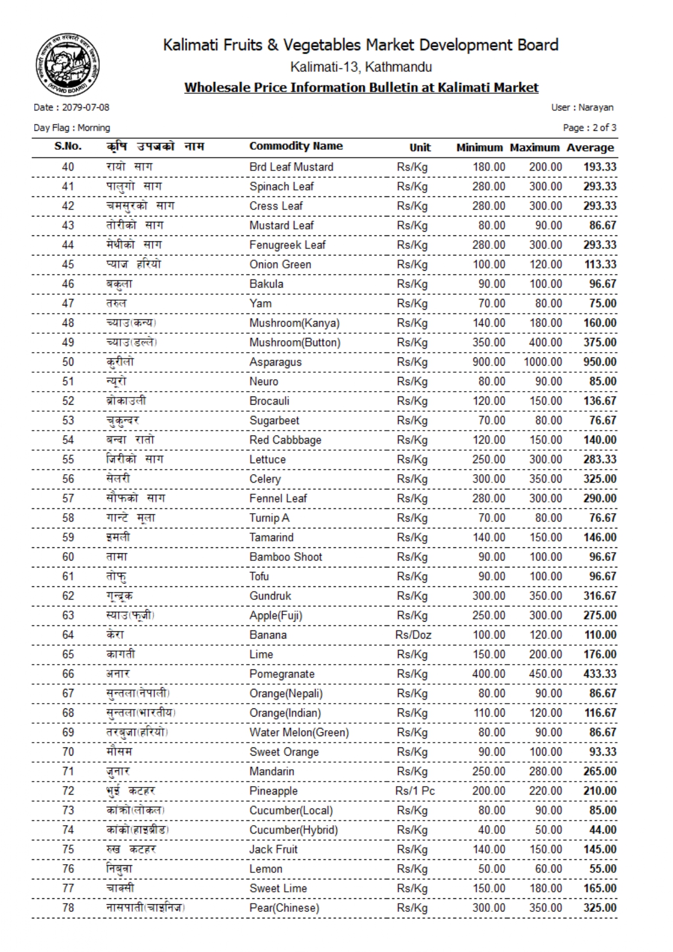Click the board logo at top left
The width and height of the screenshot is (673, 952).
click(x=68, y=63)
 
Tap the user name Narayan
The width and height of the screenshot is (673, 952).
click(x=595, y=107)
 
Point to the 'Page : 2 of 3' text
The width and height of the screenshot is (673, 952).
click(x=589, y=128)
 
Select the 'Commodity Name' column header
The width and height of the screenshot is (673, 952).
click(x=296, y=146)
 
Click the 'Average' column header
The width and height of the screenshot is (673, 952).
click(x=590, y=148)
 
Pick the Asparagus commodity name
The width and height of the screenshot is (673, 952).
click(x=275, y=362)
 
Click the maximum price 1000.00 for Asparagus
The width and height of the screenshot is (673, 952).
click(x=542, y=362)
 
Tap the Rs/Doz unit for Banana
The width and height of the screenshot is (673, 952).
click(x=413, y=635)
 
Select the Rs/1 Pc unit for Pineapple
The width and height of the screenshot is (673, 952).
click(x=415, y=791)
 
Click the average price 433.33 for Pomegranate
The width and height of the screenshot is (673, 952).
click(x=599, y=674)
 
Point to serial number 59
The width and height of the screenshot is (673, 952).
click(x=68, y=538)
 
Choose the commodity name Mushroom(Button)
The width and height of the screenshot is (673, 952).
click(x=294, y=342)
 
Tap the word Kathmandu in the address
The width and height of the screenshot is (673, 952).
click(x=399, y=67)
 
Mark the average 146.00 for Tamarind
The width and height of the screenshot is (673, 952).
click(x=599, y=538)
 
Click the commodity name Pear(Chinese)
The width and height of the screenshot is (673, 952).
click(x=284, y=908)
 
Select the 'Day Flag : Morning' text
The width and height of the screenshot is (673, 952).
click(x=72, y=128)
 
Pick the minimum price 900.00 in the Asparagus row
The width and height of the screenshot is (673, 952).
click(x=489, y=362)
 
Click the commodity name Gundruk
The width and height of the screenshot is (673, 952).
click(x=270, y=596)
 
